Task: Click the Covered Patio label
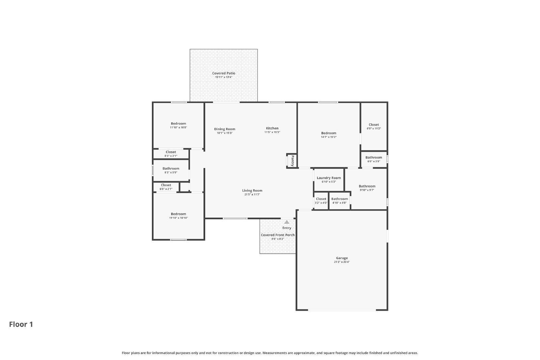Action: [223, 73]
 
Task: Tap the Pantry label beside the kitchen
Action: [293, 160]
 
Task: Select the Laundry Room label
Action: [329, 178]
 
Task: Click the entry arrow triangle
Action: [287, 222]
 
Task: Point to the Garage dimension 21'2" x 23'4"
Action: [342, 262]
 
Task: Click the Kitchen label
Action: [272, 128]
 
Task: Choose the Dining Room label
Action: [224, 129]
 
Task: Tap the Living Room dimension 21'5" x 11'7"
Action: [252, 194]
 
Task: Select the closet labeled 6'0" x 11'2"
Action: [374, 126]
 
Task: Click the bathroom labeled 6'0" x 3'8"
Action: [374, 159]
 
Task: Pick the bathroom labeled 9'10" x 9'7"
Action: [367, 188]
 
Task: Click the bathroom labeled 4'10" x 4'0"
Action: [339, 200]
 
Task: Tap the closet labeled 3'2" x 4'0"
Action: [321, 200]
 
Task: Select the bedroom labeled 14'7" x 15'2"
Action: [328, 135]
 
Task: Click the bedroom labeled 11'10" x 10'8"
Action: [178, 125]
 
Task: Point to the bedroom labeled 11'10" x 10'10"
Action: [178, 216]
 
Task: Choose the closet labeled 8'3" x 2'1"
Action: [171, 154]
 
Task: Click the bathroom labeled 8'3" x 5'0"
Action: [171, 170]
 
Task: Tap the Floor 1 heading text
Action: [21, 324]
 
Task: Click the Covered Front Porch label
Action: [277, 235]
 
